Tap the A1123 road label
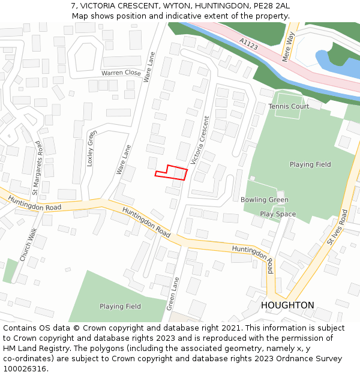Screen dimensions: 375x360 tap(249, 43)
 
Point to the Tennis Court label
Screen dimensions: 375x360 tap(289, 106)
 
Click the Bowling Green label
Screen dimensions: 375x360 tap(265, 200)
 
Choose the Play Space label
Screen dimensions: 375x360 tap(278, 214)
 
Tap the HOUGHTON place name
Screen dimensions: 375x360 tap(287, 305)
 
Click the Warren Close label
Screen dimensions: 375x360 tap(121, 73)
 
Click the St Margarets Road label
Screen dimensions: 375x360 tap(37, 168)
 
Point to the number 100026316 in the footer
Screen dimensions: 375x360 tap(25, 369)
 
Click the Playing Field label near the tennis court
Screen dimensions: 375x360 tap(310, 164)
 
